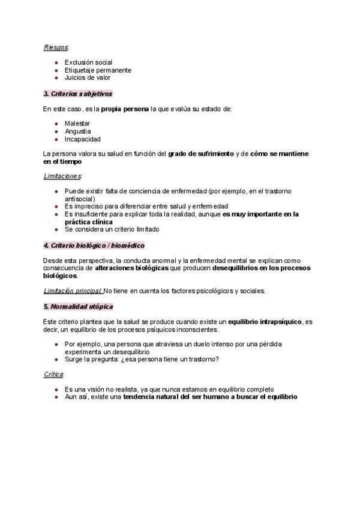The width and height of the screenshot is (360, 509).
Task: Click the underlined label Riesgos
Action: (x=56, y=47)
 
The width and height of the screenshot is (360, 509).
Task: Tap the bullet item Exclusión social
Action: (x=88, y=62)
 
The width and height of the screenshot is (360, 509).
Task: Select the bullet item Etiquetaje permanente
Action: (x=98, y=70)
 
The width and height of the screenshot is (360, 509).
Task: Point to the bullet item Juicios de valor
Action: (x=88, y=77)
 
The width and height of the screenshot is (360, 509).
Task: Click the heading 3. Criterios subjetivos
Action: (x=78, y=94)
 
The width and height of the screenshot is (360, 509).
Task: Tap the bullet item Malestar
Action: (x=77, y=124)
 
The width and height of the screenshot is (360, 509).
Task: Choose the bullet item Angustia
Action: (x=78, y=131)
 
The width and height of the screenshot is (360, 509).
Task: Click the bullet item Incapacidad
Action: (x=83, y=139)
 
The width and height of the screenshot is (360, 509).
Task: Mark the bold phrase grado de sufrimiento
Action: (x=201, y=154)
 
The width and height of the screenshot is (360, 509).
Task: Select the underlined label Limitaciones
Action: (x=62, y=176)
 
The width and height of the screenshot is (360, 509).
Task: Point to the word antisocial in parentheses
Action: (x=79, y=199)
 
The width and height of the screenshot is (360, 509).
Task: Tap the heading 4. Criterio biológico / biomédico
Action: (x=94, y=245)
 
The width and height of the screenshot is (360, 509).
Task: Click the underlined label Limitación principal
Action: (x=72, y=291)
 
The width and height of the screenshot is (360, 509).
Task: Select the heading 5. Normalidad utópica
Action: (x=78, y=307)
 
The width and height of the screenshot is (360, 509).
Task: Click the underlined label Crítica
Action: (x=53, y=374)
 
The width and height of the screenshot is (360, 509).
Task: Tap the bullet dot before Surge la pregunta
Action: (x=56, y=359)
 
